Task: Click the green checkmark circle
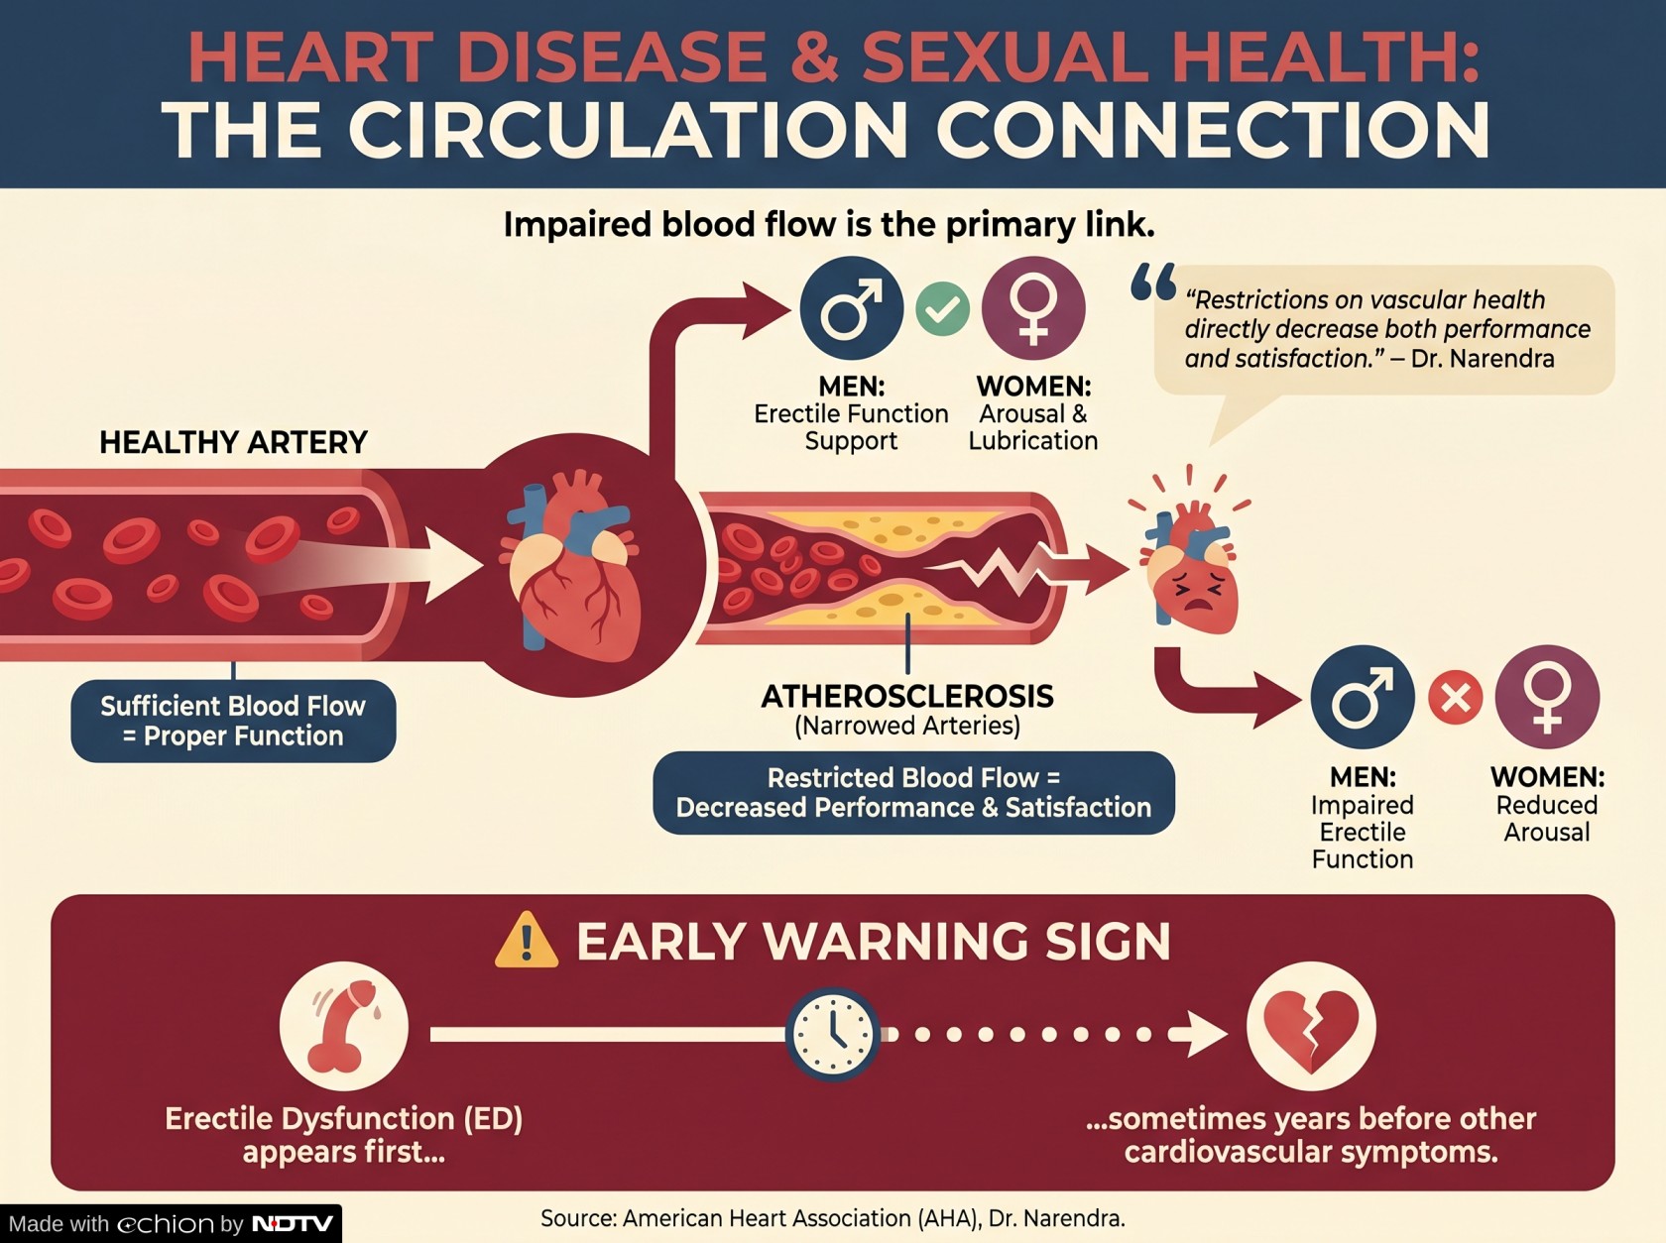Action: click(942, 308)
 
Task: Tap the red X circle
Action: click(1455, 697)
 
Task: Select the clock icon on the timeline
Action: click(833, 1034)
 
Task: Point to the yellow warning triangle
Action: click(526, 941)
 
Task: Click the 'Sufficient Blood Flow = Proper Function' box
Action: click(233, 721)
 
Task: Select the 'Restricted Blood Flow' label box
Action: click(914, 793)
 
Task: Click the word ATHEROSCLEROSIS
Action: click(907, 696)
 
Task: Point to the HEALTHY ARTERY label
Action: click(234, 442)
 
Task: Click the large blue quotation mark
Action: click(1153, 282)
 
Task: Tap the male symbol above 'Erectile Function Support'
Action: click(852, 308)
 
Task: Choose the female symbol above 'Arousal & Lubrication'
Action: click(1033, 308)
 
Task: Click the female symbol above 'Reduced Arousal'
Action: click(1547, 697)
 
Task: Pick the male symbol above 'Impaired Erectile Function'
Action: click(1363, 697)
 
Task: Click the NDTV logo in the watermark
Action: click(293, 1223)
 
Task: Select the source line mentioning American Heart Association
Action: click(833, 1218)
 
